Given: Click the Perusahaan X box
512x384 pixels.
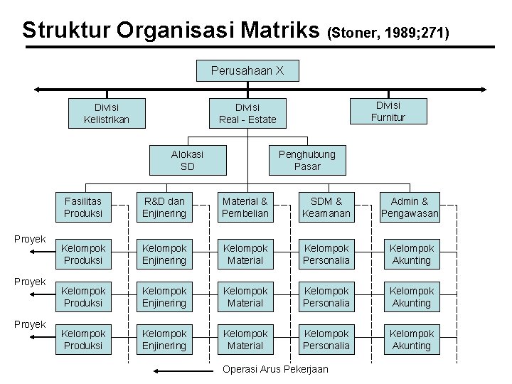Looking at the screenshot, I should coord(247,70).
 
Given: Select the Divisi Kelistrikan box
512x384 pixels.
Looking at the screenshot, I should coord(107,113).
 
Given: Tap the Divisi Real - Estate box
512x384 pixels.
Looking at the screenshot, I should coord(247,113).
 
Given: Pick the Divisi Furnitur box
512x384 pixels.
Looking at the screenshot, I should coord(388,111).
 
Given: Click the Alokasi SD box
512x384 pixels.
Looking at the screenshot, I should coord(187,160).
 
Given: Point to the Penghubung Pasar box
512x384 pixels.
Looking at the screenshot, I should coord(306,160).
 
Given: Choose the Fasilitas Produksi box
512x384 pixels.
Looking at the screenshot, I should coord(83,207).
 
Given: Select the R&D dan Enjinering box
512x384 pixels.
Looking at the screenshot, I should coord(164,207).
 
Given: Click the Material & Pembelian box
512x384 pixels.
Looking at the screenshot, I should coord(245,207).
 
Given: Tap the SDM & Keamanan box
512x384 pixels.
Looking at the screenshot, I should coord(326,207).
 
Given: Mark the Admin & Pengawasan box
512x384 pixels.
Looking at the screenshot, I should coord(410,207).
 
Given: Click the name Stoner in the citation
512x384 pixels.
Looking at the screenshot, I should coord(354,33).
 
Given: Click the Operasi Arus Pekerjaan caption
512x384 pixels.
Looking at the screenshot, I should coord(275,368).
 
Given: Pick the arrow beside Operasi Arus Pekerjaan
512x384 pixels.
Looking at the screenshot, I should coord(183,370).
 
